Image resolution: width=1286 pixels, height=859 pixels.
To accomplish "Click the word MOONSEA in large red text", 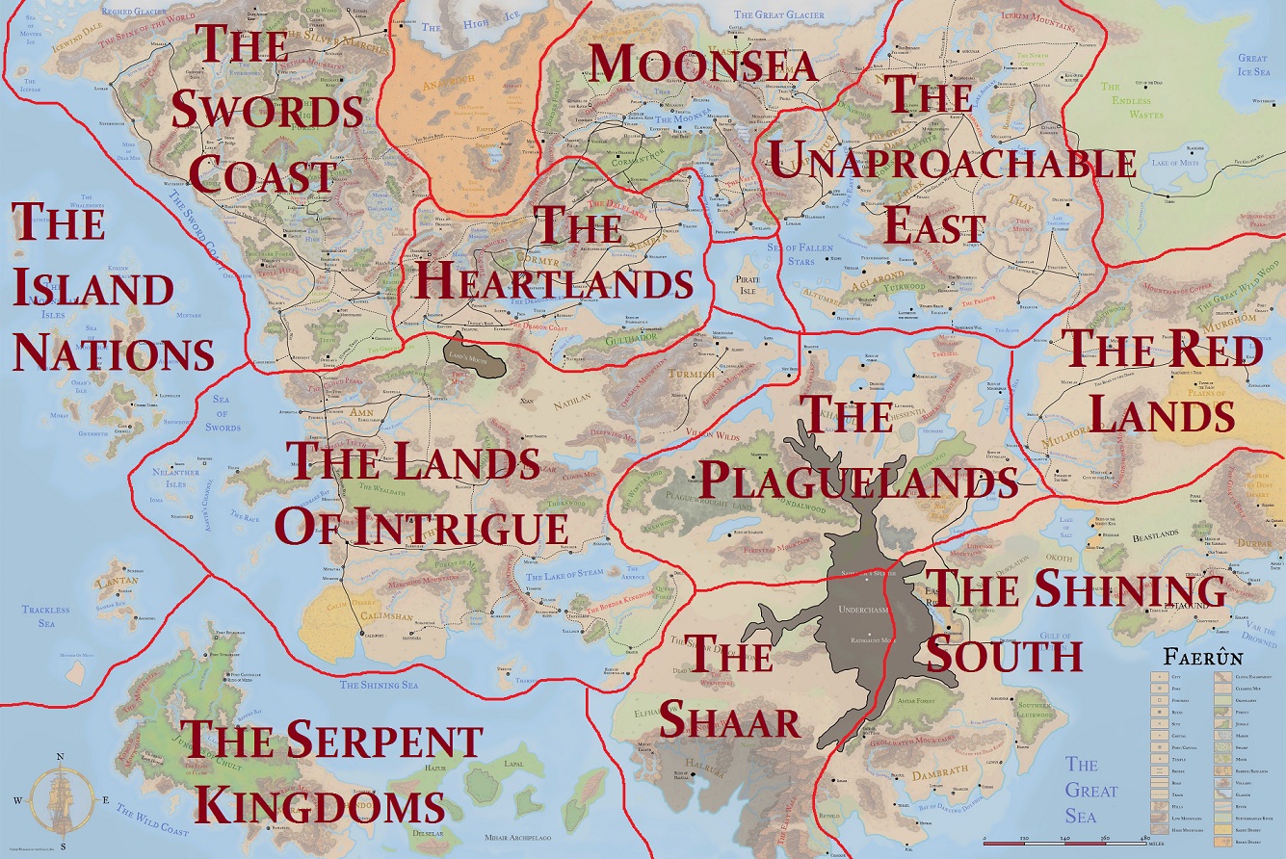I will [703, 64].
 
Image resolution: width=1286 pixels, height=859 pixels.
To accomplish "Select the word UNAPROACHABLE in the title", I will [951, 163].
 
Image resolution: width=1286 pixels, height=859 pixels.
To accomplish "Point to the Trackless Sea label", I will [46, 615].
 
